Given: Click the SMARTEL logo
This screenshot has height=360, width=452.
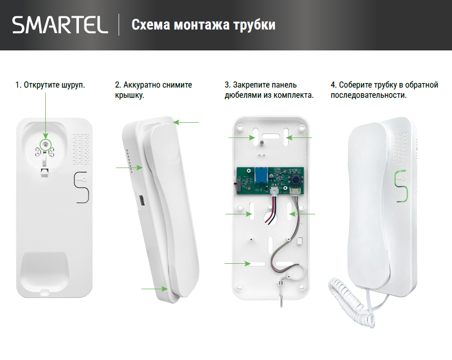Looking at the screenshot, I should pyautogui.click(x=60, y=25).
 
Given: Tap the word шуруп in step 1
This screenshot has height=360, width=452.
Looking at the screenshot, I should pyautogui.click(x=72, y=85).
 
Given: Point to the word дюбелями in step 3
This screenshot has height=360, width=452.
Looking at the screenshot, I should pyautogui.click(x=242, y=95).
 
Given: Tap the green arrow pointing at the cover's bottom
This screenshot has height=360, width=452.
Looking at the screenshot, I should pyautogui.click(x=152, y=289).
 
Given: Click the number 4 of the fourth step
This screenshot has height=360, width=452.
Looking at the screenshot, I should pyautogui.click(x=333, y=85).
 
